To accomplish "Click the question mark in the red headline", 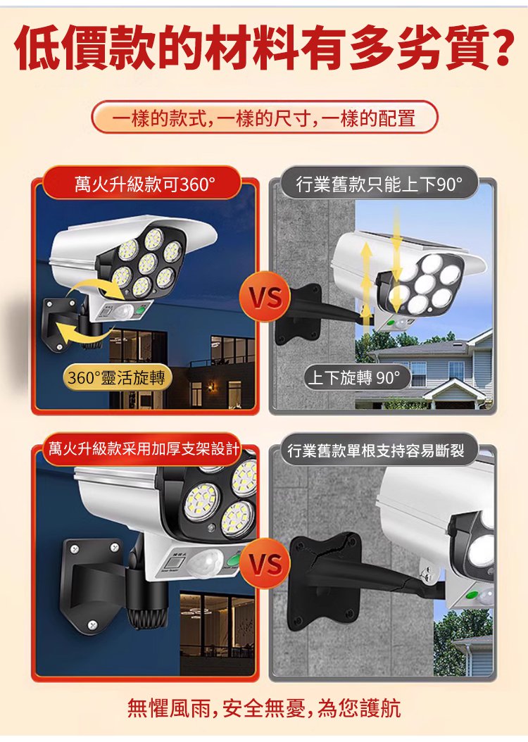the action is (497, 47).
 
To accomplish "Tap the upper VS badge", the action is (266, 296).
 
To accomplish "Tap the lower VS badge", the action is (266, 563).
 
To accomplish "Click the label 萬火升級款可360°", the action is (143, 184).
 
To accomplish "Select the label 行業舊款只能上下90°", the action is (379, 184).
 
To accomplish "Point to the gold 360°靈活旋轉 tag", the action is (117, 377).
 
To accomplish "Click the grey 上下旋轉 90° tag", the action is (356, 377).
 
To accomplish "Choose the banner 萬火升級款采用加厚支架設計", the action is (144, 448).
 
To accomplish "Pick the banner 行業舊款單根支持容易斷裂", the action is (376, 450).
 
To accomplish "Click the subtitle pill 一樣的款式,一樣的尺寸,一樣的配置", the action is (264, 118).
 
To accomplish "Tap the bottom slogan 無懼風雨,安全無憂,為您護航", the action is (264, 708).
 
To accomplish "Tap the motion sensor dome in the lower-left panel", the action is (206, 563).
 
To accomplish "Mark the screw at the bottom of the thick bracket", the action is (93, 624).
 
